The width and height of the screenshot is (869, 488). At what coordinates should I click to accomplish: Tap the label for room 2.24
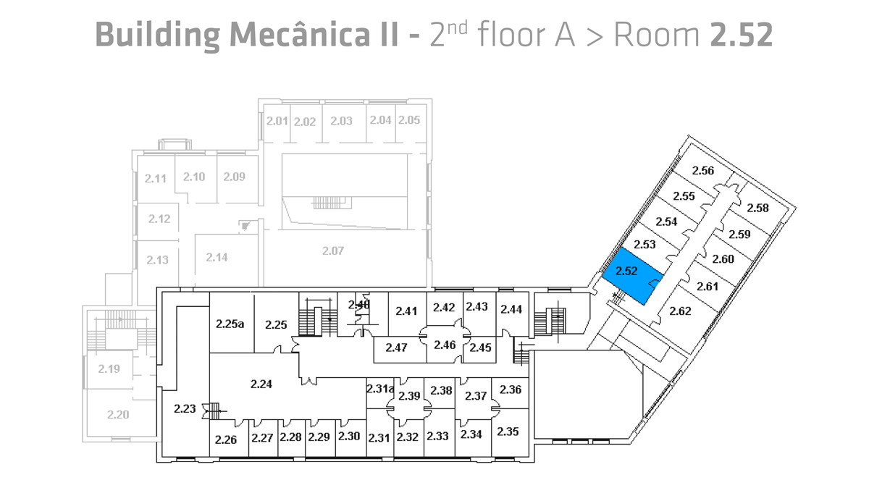[261, 384]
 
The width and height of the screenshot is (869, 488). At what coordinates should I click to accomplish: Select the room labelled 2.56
[703, 171]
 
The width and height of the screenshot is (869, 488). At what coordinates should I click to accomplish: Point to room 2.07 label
[332, 251]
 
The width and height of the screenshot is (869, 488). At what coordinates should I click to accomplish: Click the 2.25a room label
[230, 324]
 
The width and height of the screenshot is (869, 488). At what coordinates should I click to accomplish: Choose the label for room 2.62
[680, 311]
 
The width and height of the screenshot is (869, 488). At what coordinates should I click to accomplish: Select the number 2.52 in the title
[742, 34]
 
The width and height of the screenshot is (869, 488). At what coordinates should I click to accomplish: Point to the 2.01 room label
[277, 120]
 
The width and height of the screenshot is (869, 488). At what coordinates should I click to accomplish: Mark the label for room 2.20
[117, 415]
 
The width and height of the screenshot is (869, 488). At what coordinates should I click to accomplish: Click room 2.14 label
[217, 256]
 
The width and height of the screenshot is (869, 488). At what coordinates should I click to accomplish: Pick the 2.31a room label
[379, 389]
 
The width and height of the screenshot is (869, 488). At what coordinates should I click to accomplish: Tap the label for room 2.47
[396, 348]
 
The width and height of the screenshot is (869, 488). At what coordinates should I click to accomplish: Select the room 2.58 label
[757, 208]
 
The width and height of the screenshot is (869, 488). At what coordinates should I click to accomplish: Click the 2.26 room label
[226, 439]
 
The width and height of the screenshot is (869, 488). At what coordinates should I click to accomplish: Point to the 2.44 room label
[511, 309]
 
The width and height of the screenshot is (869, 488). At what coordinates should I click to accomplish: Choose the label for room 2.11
[156, 178]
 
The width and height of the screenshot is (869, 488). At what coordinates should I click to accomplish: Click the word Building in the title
[158, 34]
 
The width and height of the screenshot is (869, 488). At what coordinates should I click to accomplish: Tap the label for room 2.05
[409, 120]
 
